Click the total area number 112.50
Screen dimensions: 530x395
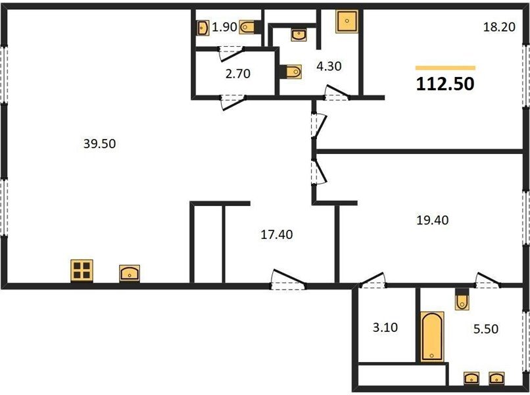pos(445,84)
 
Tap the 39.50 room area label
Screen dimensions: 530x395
pos(99,144)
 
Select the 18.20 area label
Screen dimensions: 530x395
pos(499,27)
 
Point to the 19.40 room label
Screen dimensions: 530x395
pos(432,221)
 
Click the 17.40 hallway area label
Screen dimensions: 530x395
pos(276,234)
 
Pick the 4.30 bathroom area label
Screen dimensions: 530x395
pos(329,66)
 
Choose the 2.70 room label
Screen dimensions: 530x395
pos(237,74)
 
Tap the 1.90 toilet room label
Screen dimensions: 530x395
pos(224,27)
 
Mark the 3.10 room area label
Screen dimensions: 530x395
pos(385,327)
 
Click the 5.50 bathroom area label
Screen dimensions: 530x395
pos(486,329)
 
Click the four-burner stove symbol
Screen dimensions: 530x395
pos(82,271)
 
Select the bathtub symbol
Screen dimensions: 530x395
pos(431,336)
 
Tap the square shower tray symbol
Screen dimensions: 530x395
pos(347,21)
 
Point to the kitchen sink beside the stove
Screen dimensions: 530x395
pos(130,273)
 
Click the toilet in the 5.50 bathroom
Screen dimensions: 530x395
pos(462,299)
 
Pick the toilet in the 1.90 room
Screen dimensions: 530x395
pos(249,27)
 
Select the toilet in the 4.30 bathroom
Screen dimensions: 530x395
pos(291,71)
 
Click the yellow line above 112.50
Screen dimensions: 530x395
pos(445,68)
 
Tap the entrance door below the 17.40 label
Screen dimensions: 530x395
pos(288,280)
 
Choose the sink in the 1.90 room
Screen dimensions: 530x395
pos(202,28)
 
